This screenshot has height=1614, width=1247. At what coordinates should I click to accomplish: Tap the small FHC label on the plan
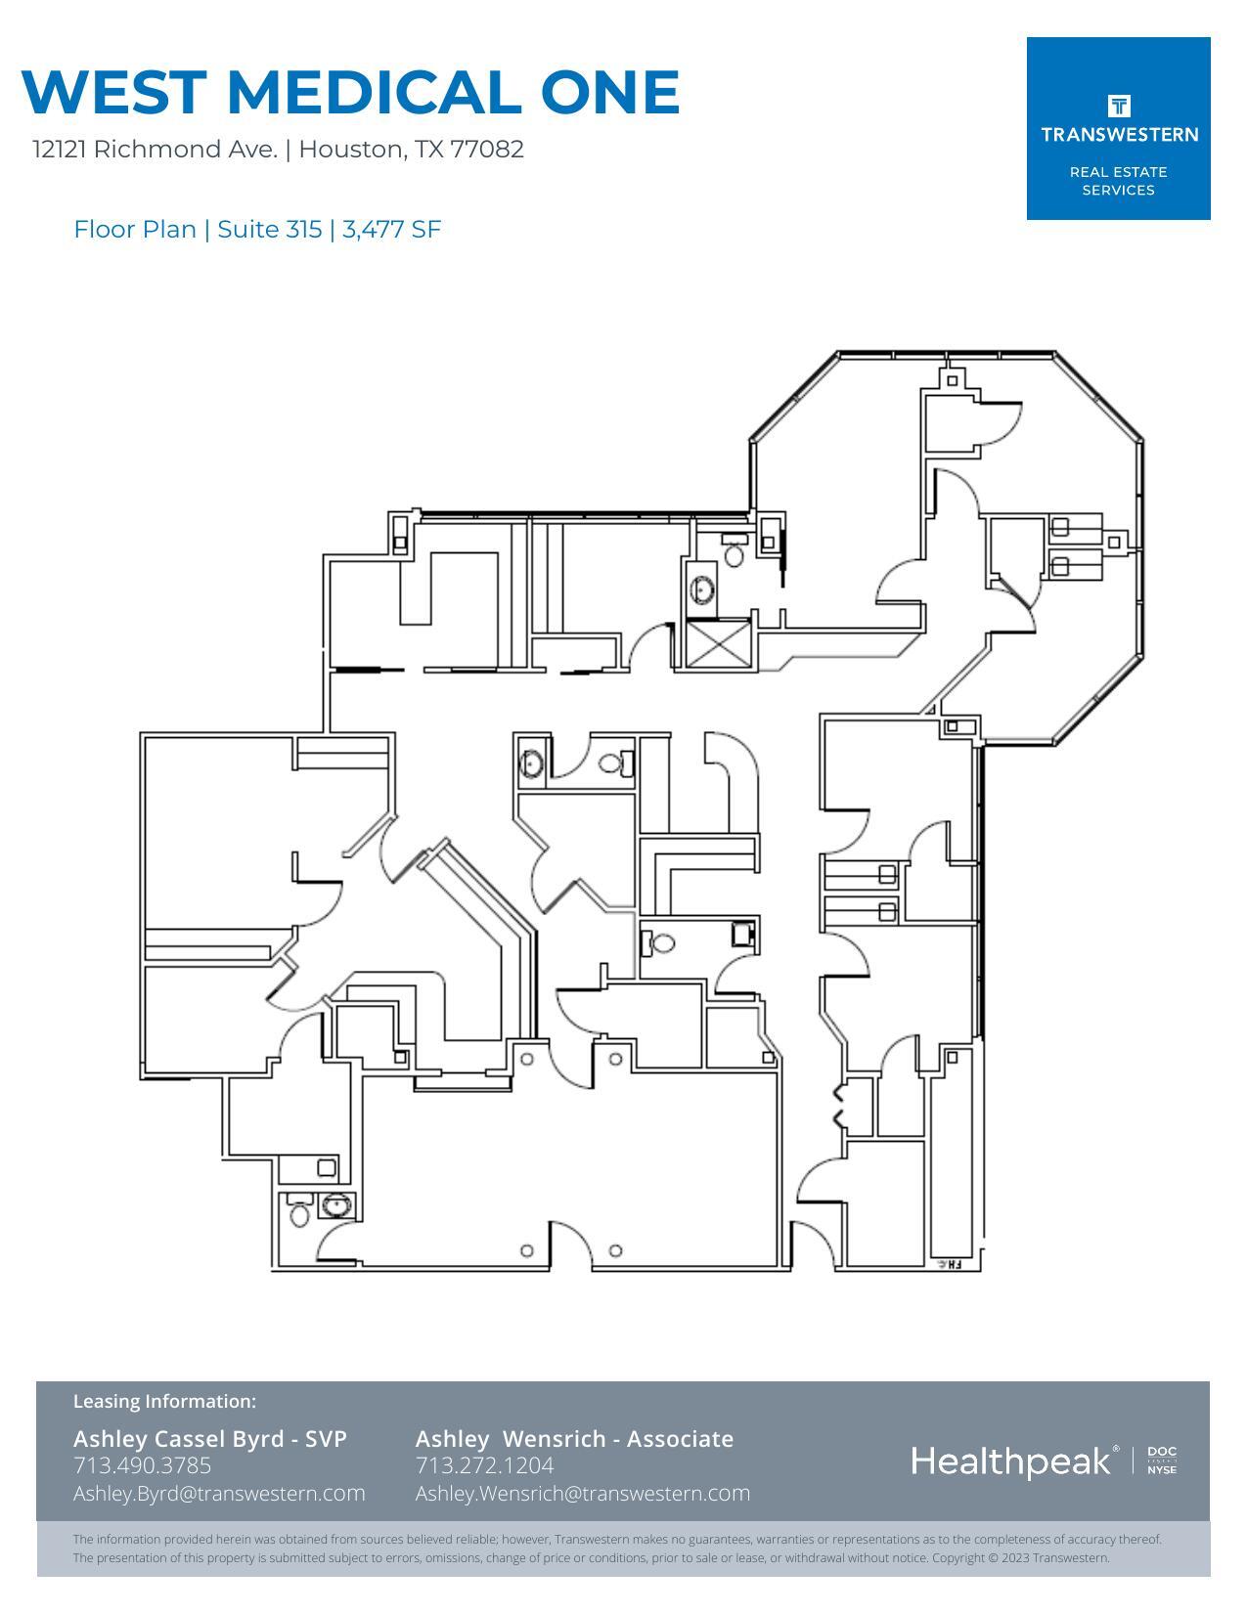tap(950, 1264)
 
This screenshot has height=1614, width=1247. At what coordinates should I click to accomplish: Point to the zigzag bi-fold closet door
tap(838, 1106)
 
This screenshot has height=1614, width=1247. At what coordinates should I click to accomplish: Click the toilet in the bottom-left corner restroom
tap(300, 1214)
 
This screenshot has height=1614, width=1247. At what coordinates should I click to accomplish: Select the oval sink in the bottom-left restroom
tap(336, 1205)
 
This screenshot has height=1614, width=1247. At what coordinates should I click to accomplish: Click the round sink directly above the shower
tap(702, 589)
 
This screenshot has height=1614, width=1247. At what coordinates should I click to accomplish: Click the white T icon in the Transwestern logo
tap(1119, 106)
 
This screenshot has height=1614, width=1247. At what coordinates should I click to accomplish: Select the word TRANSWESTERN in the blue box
tap(1119, 135)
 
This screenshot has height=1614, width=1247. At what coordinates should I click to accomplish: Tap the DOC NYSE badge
tap(1162, 1461)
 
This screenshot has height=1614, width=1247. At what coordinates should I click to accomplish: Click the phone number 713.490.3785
tap(142, 1465)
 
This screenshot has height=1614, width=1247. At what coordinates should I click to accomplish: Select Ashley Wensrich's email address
tap(582, 1494)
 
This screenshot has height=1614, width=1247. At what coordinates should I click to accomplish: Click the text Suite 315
tap(269, 230)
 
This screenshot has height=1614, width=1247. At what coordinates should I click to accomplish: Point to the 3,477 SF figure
tap(391, 230)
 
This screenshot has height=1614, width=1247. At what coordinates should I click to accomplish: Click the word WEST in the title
tap(113, 92)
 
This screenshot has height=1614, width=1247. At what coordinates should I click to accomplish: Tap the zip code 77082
tap(487, 150)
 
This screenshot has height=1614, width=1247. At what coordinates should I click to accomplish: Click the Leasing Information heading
tap(164, 1402)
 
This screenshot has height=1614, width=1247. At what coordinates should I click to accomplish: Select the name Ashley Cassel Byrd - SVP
tap(209, 1439)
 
